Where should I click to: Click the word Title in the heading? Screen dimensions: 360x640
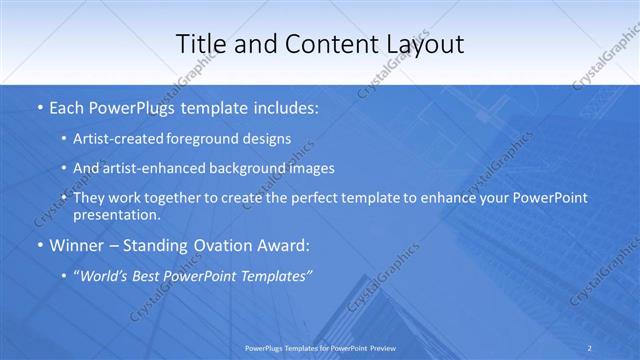pos(200,44)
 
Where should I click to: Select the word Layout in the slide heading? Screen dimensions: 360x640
pos(423,44)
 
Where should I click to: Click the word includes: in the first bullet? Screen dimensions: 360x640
pos(283,104)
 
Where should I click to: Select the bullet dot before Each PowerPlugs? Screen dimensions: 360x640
pos(39,105)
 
